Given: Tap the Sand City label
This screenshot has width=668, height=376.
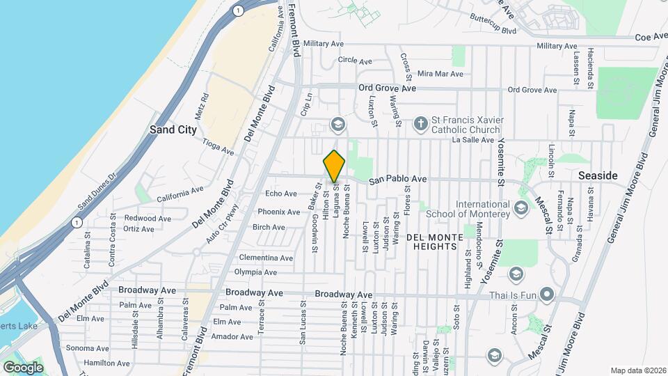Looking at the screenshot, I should [x=173, y=130].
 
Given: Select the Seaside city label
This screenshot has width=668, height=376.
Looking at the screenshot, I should [x=598, y=176].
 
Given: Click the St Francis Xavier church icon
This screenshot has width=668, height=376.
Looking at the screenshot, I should [x=420, y=124].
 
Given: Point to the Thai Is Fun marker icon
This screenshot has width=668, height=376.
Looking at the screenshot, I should [x=548, y=295].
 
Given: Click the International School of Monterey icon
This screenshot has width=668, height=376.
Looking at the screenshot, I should [x=520, y=208].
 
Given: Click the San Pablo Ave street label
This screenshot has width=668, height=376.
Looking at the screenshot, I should [x=397, y=180].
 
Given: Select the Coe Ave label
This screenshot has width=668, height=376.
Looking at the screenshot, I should [x=651, y=36].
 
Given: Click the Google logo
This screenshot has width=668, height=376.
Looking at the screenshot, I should [x=23, y=367].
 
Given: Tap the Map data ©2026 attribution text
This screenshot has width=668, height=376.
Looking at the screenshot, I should [x=637, y=370].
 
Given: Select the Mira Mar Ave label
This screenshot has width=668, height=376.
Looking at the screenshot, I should [x=440, y=74].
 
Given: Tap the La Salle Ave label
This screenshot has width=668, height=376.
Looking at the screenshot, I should [x=472, y=140].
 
